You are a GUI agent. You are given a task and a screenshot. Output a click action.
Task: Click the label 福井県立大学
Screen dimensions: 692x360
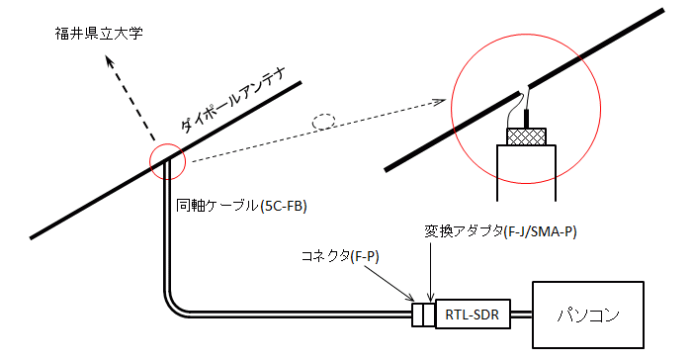pyautogui.click(x=99, y=34)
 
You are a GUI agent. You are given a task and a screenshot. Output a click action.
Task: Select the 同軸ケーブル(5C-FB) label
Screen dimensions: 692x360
pyautogui.click(x=241, y=206)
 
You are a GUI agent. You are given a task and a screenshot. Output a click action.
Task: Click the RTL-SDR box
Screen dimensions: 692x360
pyautogui.click(x=473, y=315)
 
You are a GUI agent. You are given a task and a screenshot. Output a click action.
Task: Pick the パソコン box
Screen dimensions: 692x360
pyautogui.click(x=588, y=315)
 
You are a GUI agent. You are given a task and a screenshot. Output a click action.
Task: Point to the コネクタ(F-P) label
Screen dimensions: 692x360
pyautogui.click(x=340, y=256)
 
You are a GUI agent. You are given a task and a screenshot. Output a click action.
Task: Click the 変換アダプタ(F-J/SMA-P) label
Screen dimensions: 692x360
pyautogui.click(x=500, y=231)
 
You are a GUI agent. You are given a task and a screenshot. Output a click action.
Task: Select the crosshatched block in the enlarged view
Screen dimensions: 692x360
pyautogui.click(x=526, y=136)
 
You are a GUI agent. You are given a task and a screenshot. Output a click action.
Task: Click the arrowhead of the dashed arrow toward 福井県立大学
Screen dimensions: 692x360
pyautogui.click(x=109, y=61)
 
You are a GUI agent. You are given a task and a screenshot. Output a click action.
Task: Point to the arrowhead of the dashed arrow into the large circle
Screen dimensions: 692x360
pyautogui.click(x=441, y=102)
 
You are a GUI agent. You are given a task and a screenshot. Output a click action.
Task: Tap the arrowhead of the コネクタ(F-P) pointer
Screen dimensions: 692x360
pyautogui.click(x=409, y=298)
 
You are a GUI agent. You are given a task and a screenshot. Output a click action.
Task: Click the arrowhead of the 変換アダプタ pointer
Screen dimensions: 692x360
pyautogui.click(x=430, y=297)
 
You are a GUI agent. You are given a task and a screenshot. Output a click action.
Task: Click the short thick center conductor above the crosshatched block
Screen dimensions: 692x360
pyautogui.click(x=526, y=118)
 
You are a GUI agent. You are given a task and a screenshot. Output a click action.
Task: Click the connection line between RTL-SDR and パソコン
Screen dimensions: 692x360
pyautogui.click(x=521, y=315)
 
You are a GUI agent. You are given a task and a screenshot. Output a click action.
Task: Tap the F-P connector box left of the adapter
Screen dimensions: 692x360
pyautogui.click(x=417, y=315)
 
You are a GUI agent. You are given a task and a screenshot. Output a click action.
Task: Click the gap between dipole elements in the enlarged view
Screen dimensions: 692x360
pyautogui.click(x=524, y=88)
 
